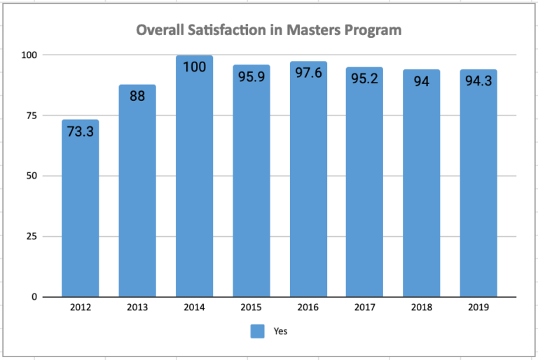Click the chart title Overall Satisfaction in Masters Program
(x=268, y=30)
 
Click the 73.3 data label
(x=80, y=131)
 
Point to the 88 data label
(x=137, y=96)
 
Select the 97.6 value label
(x=308, y=72)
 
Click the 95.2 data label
(x=365, y=78)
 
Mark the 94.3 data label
(x=478, y=81)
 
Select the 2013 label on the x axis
(x=137, y=307)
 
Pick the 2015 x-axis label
(x=251, y=307)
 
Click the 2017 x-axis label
(x=365, y=307)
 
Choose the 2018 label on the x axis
(x=422, y=307)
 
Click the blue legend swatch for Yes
(x=258, y=331)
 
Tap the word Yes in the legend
(x=280, y=331)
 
